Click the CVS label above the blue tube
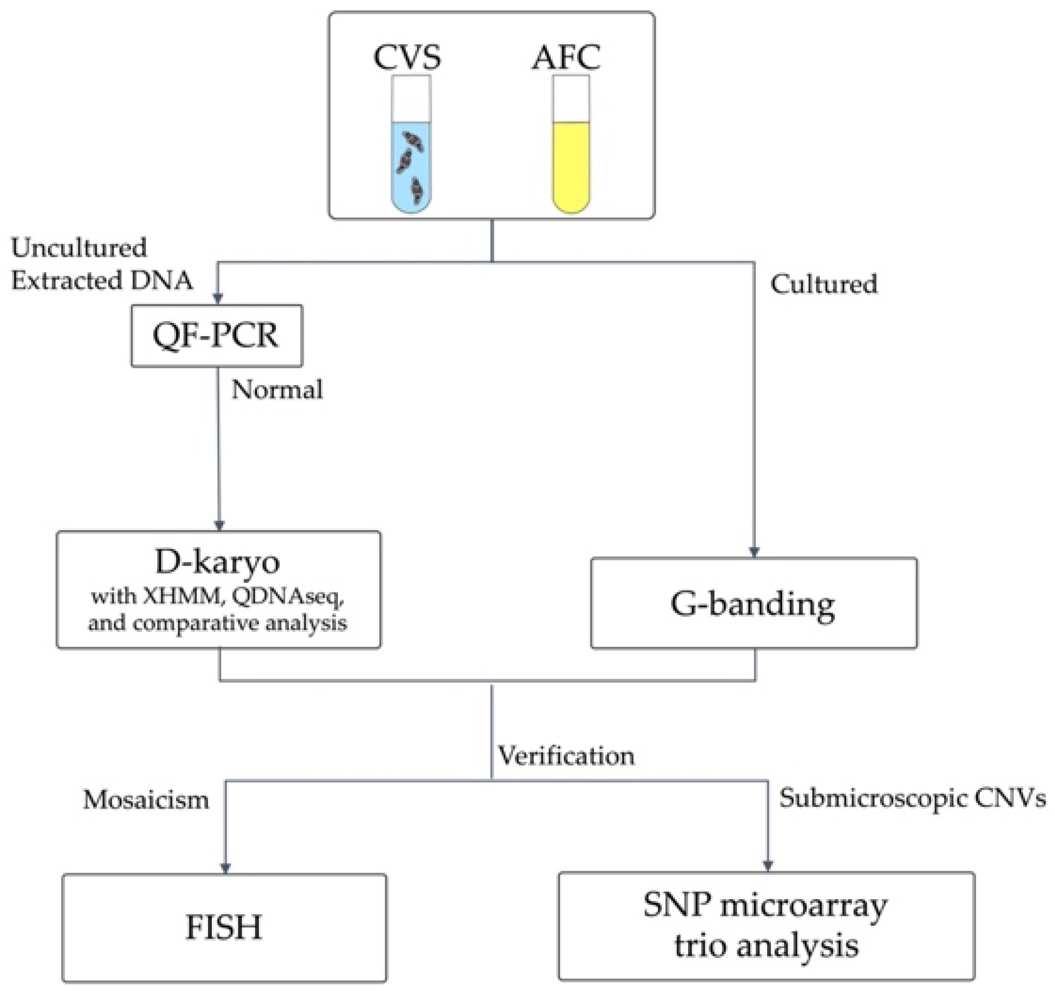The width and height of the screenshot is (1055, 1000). (x=407, y=57)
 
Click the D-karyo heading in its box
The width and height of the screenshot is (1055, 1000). (x=217, y=562)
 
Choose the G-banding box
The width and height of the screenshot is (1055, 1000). (x=754, y=604)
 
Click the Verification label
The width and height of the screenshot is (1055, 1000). (x=566, y=756)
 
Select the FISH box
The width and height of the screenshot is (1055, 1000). (x=224, y=928)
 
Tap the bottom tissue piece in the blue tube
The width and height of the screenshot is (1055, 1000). (x=417, y=190)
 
